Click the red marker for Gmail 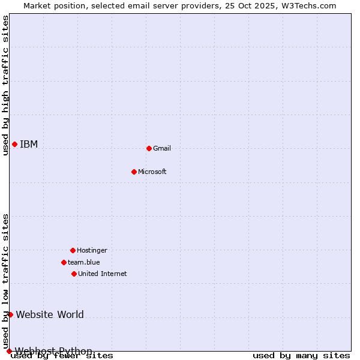point(149,148)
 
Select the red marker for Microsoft point(134,172)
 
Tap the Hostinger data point point(73,250)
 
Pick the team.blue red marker point(64,262)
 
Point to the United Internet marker point(74,274)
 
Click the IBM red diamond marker point(14,144)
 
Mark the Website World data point point(10,314)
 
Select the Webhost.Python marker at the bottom point(9,351)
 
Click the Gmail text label point(162,148)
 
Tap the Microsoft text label point(152,172)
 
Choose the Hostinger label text point(92,250)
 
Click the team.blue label point(84,262)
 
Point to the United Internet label point(103,274)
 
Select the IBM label point(29,144)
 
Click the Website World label point(50,314)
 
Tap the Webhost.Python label point(53,351)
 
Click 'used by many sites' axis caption point(301,356)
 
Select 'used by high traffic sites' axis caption point(5,85)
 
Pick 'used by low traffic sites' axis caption point(5,281)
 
